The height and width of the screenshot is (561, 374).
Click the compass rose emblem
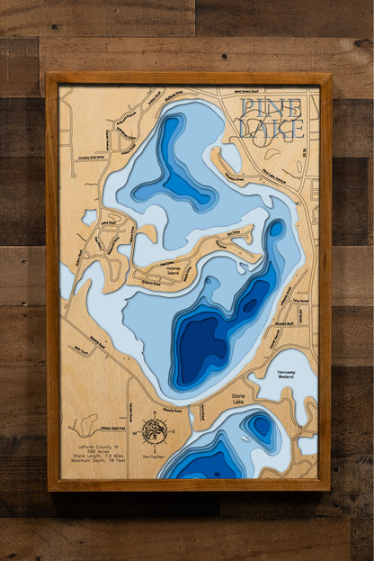(154, 430)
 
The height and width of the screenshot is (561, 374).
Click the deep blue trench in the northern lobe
(171, 162)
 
